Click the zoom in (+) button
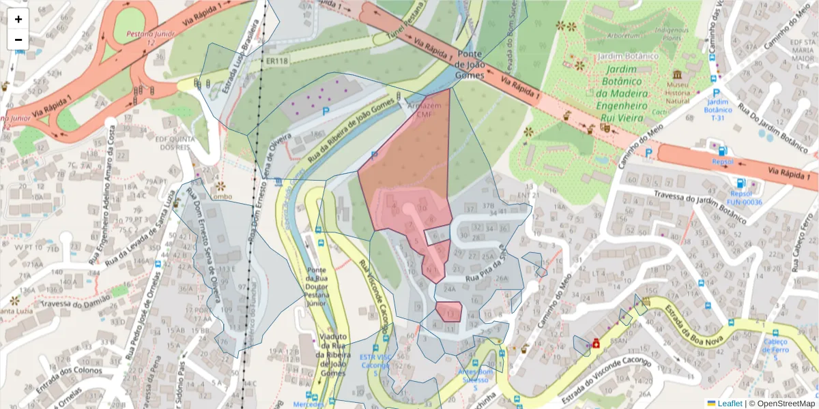18,19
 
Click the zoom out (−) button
18,40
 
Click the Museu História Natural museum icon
677,74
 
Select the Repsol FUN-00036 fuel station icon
740,183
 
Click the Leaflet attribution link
730,404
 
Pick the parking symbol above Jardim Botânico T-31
715,93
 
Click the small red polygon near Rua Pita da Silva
449,312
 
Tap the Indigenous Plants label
671,34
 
